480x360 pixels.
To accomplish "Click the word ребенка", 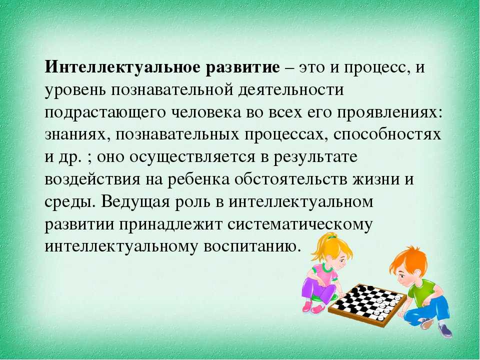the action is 198,179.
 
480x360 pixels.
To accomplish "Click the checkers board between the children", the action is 368,305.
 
